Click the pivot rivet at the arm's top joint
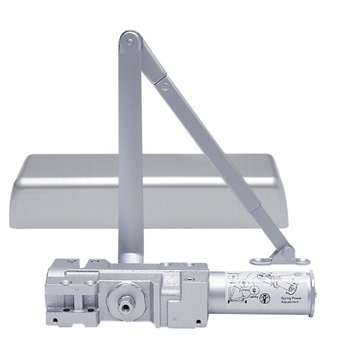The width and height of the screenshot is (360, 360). [130, 41]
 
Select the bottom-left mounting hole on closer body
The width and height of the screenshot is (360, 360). [55, 318]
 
